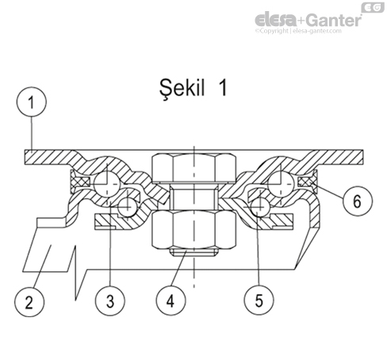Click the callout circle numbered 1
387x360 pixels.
click(x=32, y=101)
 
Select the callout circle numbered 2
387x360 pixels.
click(x=29, y=301)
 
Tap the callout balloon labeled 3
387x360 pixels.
click(x=110, y=301)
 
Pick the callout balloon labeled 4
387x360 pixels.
click(x=171, y=301)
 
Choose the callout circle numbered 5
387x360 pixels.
click(x=259, y=301)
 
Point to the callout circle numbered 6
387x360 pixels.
click(x=358, y=201)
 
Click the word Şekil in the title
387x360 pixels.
click(x=182, y=89)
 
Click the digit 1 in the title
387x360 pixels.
click(x=223, y=88)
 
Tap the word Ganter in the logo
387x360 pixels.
click(x=335, y=20)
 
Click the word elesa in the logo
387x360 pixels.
click(x=275, y=20)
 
